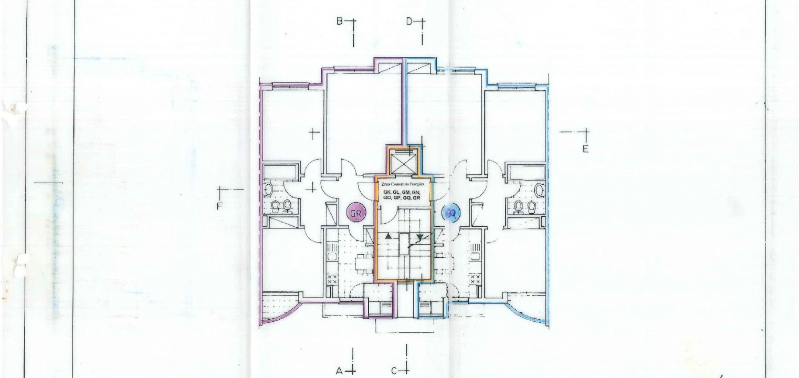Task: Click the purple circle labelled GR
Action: [x=357, y=213]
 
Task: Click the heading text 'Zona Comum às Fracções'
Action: [x=403, y=185]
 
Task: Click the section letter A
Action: [x=340, y=371]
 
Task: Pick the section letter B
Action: [x=340, y=22]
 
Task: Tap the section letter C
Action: [x=394, y=371]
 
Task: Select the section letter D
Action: [x=409, y=22]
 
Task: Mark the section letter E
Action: [x=585, y=149]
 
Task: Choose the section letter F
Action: [x=220, y=206]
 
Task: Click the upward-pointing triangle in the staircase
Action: [x=388, y=237]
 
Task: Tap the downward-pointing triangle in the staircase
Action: [x=419, y=237]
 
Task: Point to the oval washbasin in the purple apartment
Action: [x=269, y=189]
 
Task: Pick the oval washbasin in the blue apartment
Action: [x=539, y=189]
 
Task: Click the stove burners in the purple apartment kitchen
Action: [x=332, y=278]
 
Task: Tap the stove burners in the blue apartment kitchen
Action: [x=475, y=278]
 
